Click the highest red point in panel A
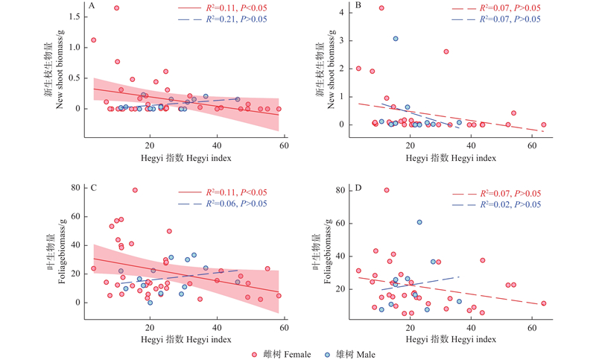pyautogui.click(x=116, y=8)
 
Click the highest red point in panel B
pyautogui.click(x=381, y=8)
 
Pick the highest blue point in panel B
pyautogui.click(x=396, y=39)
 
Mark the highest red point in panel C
pyautogui.click(x=135, y=190)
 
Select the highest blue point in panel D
pyautogui.click(x=419, y=222)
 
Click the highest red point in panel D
pyautogui.click(x=387, y=190)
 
